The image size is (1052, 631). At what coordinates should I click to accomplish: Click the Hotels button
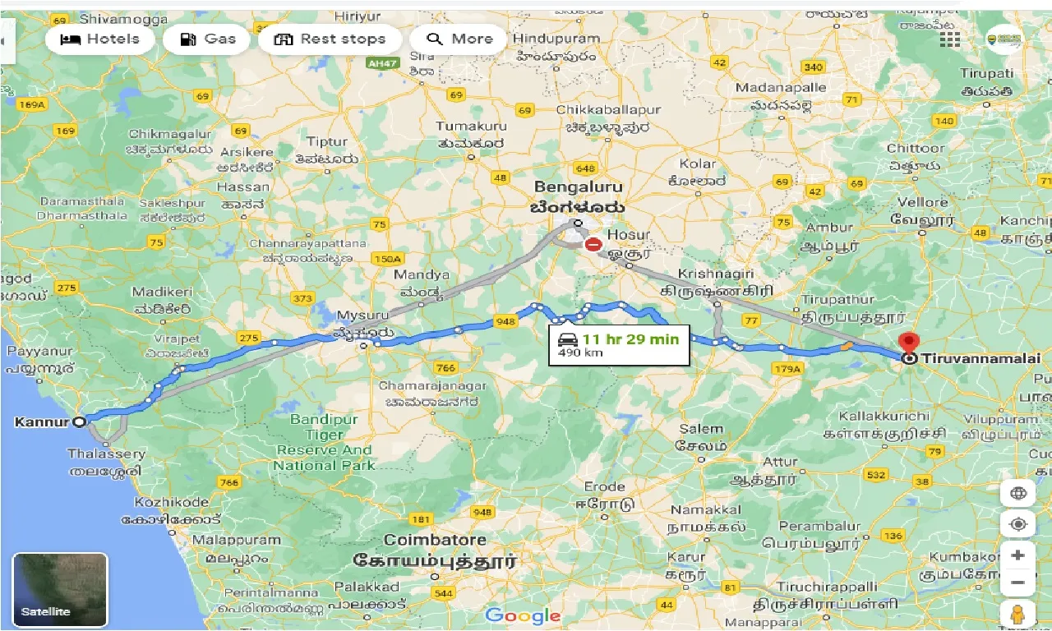click(99, 39)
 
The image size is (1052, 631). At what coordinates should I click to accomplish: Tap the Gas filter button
click(206, 39)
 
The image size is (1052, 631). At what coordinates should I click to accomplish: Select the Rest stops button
click(330, 39)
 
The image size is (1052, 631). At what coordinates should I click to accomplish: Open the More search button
click(459, 39)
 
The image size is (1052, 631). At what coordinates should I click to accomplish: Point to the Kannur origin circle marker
click(79, 422)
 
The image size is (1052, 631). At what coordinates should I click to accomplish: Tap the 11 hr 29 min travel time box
click(618, 345)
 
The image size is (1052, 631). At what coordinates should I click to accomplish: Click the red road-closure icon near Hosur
click(593, 245)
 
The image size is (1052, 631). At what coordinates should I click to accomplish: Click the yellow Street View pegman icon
click(1017, 614)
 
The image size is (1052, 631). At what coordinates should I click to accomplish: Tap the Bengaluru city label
click(579, 187)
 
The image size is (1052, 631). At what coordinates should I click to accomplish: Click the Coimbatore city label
click(435, 541)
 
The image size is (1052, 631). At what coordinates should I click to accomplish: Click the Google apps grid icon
click(950, 39)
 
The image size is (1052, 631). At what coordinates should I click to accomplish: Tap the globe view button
click(1017, 494)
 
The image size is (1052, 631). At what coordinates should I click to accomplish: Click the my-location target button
click(1017, 524)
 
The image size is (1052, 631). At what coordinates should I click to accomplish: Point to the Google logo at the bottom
click(523, 615)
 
